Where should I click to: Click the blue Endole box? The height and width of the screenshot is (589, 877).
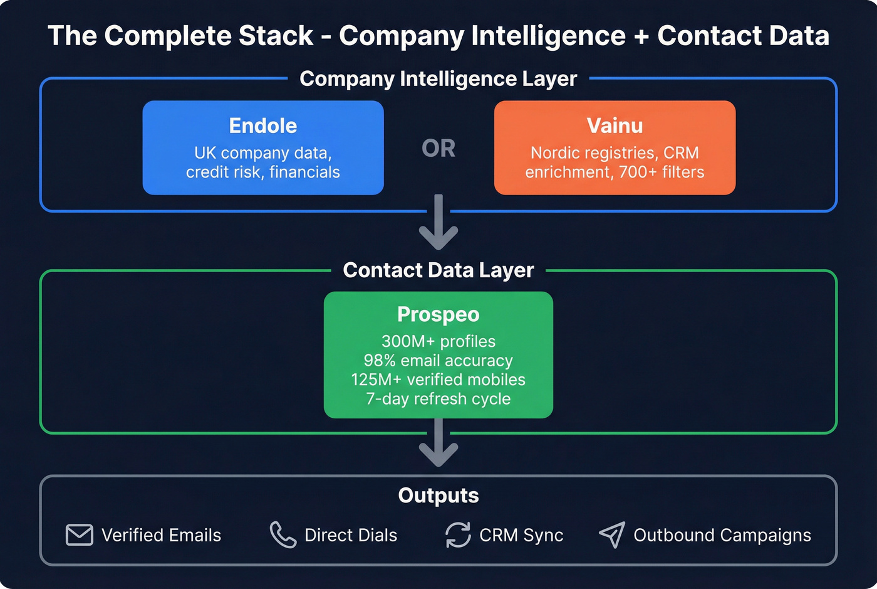263,147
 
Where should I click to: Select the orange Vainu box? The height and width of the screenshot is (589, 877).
615,147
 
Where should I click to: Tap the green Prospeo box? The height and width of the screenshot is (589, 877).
438,354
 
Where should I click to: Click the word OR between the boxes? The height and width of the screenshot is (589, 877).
438,149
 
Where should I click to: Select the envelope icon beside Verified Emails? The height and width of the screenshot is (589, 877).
80,535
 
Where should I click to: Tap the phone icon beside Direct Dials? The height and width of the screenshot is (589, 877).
283,535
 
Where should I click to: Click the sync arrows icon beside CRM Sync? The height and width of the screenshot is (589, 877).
458,535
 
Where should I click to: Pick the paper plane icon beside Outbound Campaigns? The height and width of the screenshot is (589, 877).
612,535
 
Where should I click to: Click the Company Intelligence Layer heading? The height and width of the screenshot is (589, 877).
438,79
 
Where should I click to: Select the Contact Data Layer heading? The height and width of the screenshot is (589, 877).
438,270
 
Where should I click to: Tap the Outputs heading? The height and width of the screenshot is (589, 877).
438,496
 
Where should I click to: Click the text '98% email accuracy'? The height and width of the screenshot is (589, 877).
438,361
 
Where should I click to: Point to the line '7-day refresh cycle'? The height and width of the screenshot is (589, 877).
438,399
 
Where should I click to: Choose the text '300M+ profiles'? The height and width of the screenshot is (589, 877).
438,341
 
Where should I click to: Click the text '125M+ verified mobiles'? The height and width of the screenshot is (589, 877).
438,379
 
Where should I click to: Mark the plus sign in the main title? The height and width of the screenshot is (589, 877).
641,36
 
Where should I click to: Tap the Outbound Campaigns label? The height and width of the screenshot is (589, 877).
722,535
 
